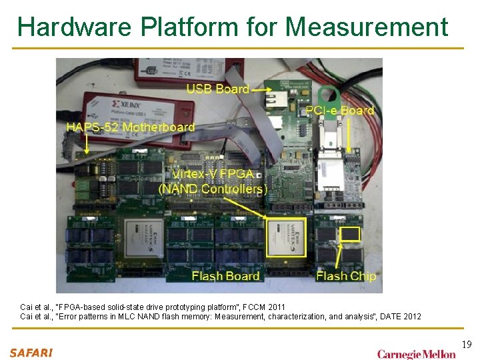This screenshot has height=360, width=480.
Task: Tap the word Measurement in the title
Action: coord(367,27)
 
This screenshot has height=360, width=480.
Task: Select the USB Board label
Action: coord(217,89)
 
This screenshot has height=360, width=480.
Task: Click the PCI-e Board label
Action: coord(339,111)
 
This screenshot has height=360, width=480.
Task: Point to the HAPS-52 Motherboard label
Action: coord(130,127)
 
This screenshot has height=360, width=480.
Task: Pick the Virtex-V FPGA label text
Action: coord(213,174)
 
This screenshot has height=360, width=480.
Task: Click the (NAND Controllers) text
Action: coord(213,189)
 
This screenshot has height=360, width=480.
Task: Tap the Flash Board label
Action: coord(225,275)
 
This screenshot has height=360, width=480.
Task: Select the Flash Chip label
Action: coord(346,275)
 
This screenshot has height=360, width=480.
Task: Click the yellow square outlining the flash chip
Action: coord(350,234)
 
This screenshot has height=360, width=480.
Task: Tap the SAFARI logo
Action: coord(31,353)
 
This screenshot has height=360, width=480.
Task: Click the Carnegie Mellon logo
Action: coord(417,354)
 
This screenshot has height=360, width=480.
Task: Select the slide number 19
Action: coord(467,344)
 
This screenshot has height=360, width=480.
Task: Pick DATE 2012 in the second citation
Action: coord(400,316)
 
